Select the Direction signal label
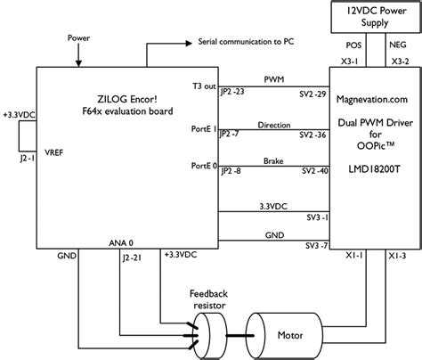coord(273,126)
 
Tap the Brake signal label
coord(273,160)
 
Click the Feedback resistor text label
coord(210,298)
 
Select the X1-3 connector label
coord(397,255)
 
